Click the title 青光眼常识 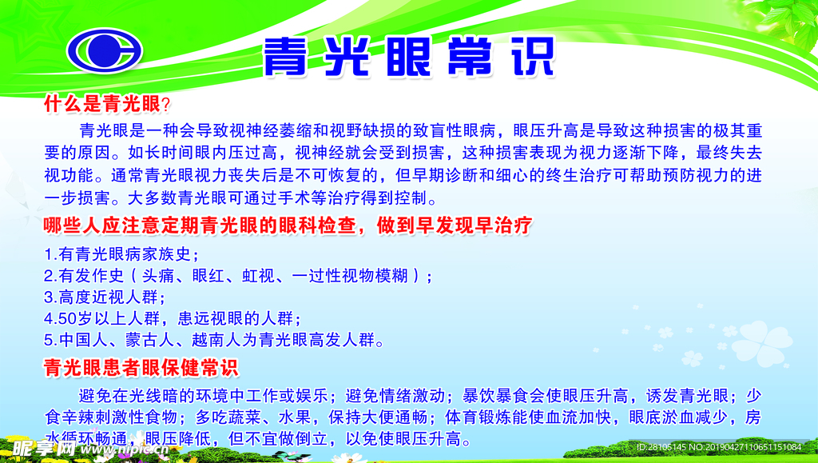pos(408,56)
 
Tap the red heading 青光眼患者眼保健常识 pos(141,368)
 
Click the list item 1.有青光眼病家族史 pos(121,255)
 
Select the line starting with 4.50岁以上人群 pos(172,318)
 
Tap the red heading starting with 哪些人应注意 pos(287,226)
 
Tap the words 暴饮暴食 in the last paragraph pos(489,395)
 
